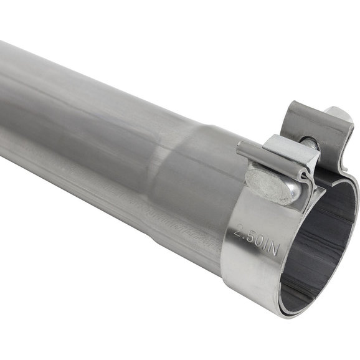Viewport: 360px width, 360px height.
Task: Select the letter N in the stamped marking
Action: coord(275,250)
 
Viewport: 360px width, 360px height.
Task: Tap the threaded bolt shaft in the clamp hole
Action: coord(311,144)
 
